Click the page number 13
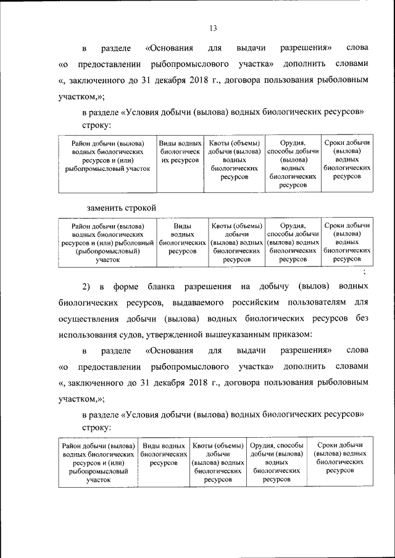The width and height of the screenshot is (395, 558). click(213, 28)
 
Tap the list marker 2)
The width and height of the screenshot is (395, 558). click(86, 287)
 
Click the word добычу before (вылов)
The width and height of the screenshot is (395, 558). click(273, 287)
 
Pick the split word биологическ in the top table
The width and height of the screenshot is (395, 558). click(179, 151)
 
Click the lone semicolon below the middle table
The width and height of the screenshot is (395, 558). click(365, 271)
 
